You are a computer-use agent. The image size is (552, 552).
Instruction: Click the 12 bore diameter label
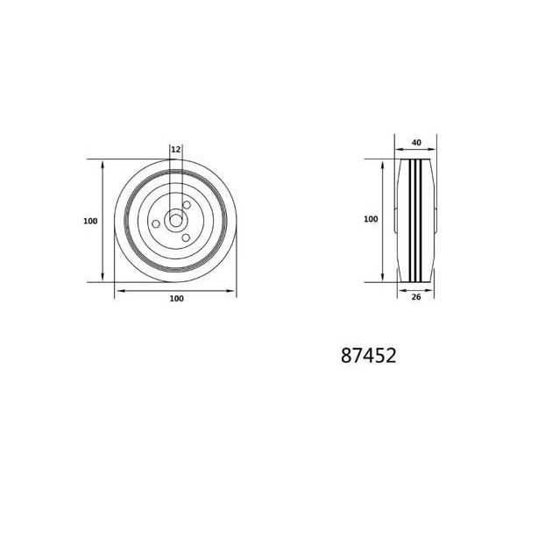coord(175,150)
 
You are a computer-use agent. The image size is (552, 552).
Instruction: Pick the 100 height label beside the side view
coord(371,219)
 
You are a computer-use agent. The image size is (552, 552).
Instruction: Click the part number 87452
coord(368,355)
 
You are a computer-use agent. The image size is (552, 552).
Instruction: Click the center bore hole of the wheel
coord(175,221)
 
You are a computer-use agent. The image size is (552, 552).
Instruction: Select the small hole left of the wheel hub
coord(156,224)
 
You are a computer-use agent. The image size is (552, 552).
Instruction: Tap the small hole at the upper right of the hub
coord(187,205)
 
